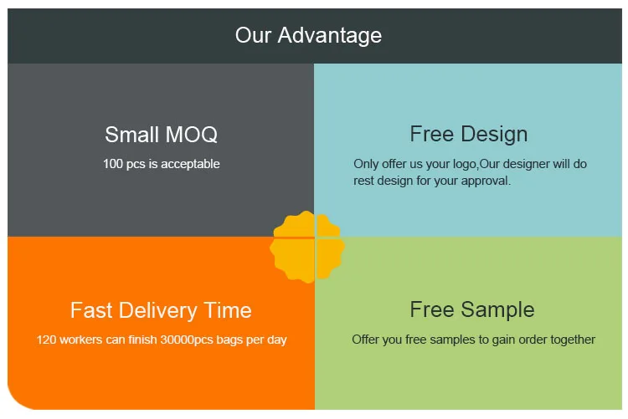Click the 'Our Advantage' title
click(x=308, y=35)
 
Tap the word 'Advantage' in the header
click(x=330, y=36)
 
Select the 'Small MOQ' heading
click(x=161, y=135)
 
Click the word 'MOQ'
click(x=192, y=135)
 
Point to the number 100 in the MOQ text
click(x=112, y=164)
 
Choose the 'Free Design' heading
click(x=469, y=134)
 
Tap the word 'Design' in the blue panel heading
click(x=494, y=134)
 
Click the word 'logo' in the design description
click(x=465, y=164)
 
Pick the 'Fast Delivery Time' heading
click(x=161, y=310)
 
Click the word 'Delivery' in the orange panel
click(x=158, y=310)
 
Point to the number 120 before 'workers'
click(x=46, y=340)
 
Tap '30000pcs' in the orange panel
click(x=187, y=340)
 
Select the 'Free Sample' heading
click(x=472, y=309)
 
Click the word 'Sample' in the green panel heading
click(x=497, y=309)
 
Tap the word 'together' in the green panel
click(x=573, y=340)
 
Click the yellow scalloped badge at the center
click(x=307, y=247)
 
